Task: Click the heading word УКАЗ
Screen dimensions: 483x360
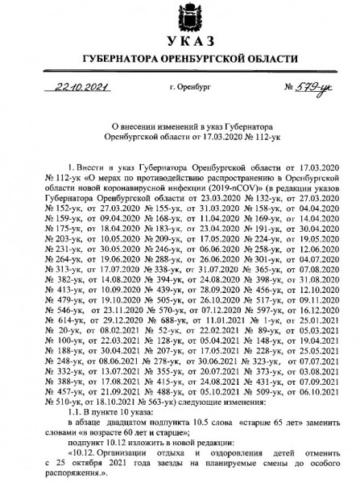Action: (180, 42)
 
